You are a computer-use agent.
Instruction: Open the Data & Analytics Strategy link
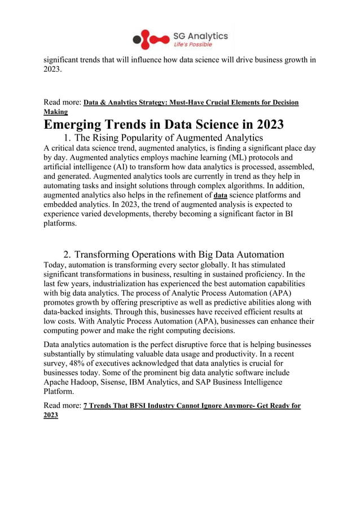point(191,103)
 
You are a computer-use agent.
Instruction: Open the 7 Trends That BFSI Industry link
point(192,406)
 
